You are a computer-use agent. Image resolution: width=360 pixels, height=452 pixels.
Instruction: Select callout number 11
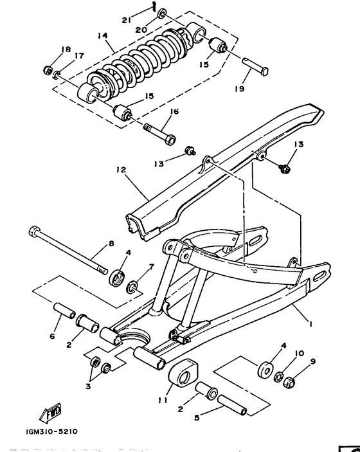tap(162, 399)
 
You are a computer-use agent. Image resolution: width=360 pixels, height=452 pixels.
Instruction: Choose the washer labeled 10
tap(280, 377)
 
